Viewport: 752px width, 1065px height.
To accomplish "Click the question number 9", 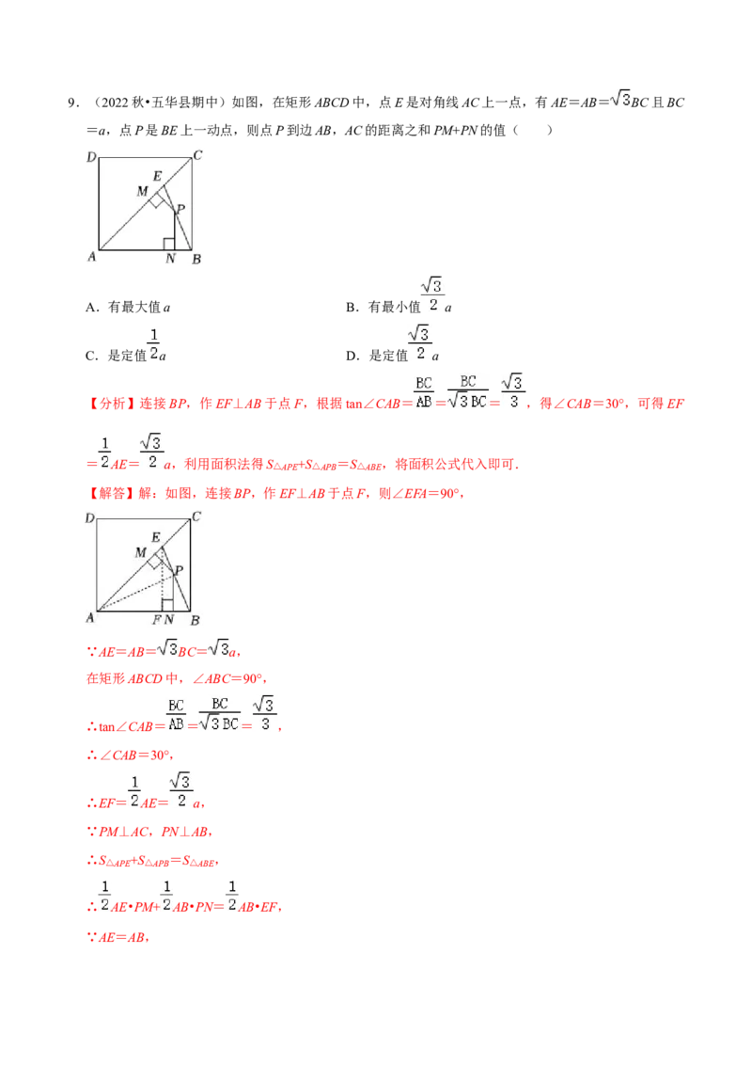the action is (x=71, y=103).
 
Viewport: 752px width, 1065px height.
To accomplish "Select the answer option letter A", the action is (x=91, y=308).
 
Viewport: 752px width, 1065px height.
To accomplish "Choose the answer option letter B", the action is (x=351, y=308).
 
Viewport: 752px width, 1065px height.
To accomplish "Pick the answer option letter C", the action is (x=91, y=356).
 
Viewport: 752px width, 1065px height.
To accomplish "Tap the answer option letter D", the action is (x=351, y=356).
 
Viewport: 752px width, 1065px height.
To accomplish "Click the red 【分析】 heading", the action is (x=111, y=404).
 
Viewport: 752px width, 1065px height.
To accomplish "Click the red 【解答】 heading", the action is (x=111, y=493).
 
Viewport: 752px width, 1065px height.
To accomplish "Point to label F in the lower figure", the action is (x=157, y=619).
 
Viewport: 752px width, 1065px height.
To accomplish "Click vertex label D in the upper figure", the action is (x=91, y=157).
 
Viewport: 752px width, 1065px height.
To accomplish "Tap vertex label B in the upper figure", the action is (x=196, y=259).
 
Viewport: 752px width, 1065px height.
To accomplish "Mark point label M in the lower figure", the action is (x=140, y=553).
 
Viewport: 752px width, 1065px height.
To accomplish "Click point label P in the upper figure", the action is (x=180, y=209).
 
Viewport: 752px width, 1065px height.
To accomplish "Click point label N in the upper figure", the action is (x=170, y=258).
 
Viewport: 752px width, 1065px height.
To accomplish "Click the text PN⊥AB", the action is (x=185, y=832).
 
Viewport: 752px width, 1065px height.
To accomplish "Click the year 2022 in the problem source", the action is (x=115, y=103).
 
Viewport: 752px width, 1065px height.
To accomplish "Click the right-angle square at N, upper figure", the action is (x=169, y=245).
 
